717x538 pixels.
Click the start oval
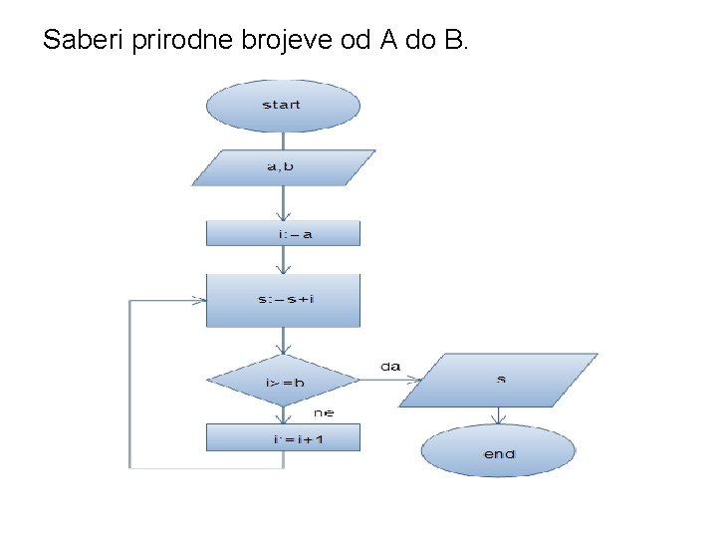coord(282,106)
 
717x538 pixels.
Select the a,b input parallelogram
coord(283,167)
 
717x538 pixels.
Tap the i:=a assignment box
coord(283,234)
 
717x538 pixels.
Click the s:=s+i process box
coord(283,300)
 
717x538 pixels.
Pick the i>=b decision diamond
coord(283,382)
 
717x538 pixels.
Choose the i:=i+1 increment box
coord(283,437)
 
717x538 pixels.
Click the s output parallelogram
coord(499,380)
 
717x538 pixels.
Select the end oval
coord(498,454)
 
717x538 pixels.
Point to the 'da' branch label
coord(390,367)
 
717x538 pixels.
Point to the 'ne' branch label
coord(324,411)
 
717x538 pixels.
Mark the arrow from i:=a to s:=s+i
coord(284,260)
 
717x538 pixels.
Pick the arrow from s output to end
coord(498,417)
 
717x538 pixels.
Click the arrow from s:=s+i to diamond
coord(284,341)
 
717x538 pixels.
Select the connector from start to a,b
coord(283,140)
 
